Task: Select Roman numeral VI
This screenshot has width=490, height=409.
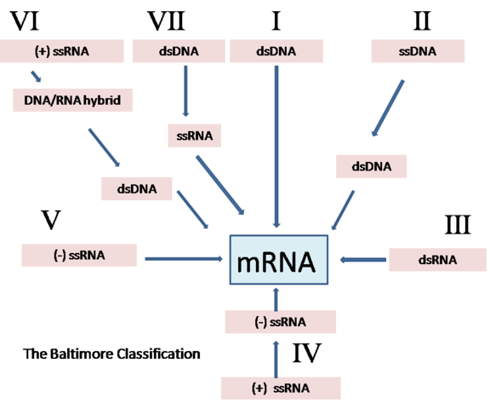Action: [26, 20]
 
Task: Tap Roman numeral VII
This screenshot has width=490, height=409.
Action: [166, 20]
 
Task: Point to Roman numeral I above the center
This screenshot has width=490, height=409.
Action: [276, 20]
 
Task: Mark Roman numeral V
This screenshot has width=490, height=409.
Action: [51, 221]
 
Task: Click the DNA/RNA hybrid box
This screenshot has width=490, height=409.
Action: [66, 101]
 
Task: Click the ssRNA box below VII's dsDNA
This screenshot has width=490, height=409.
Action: [191, 135]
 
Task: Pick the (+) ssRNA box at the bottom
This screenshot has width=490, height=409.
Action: [280, 388]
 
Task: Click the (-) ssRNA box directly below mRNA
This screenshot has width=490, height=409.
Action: [280, 321]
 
